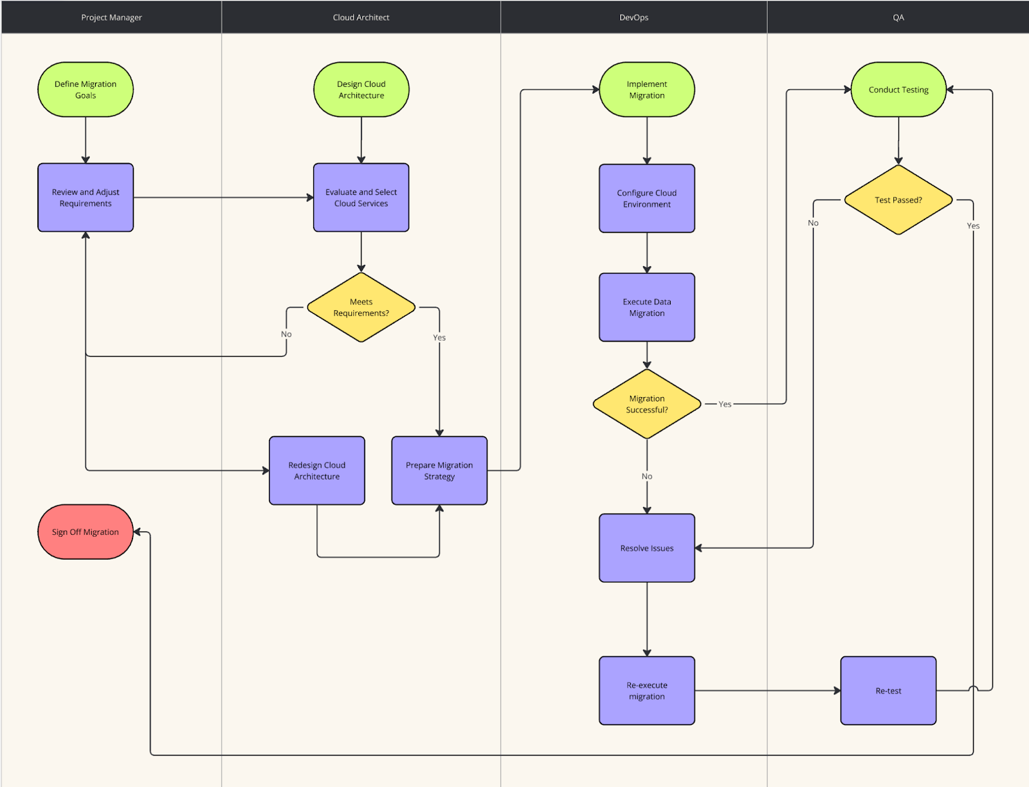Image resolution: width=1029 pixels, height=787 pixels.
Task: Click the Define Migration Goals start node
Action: pyautogui.click(x=86, y=89)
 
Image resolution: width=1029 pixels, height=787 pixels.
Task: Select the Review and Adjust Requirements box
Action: pyautogui.click(x=86, y=198)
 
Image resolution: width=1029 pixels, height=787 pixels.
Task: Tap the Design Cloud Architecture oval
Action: pyautogui.click(x=361, y=89)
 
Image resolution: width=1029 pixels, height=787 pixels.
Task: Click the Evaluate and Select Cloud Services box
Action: pyautogui.click(x=361, y=198)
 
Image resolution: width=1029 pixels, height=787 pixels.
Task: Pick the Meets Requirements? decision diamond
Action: pyautogui.click(x=361, y=308)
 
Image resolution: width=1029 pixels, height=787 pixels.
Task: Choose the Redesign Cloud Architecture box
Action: pyautogui.click(x=316, y=470)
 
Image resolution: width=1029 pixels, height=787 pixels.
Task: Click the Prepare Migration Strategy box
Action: pyautogui.click(x=439, y=470)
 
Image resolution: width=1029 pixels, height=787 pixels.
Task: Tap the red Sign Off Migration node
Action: pyautogui.click(x=86, y=532)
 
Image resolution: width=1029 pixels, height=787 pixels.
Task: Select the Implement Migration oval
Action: pyautogui.click(x=646, y=89)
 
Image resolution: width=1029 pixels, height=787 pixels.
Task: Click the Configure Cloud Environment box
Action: pyautogui.click(x=646, y=198)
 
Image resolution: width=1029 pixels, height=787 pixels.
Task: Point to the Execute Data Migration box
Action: pyautogui.click(x=646, y=307)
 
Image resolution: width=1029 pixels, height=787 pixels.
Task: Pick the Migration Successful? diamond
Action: pyautogui.click(x=646, y=404)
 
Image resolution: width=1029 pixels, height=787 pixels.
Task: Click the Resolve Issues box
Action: pyautogui.click(x=646, y=548)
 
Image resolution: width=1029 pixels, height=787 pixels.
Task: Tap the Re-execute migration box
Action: pyautogui.click(x=646, y=690)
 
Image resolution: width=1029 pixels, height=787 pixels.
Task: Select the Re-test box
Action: pyautogui.click(x=888, y=690)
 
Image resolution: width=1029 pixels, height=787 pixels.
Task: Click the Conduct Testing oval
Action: pyautogui.click(x=898, y=89)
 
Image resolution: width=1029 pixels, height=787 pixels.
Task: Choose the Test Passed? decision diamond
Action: pyautogui.click(x=898, y=200)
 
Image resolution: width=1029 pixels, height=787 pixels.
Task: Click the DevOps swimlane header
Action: pyautogui.click(x=633, y=17)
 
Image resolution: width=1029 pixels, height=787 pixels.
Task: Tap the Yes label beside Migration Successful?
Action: pyautogui.click(x=725, y=404)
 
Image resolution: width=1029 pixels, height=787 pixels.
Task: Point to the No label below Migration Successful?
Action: pyautogui.click(x=646, y=476)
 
